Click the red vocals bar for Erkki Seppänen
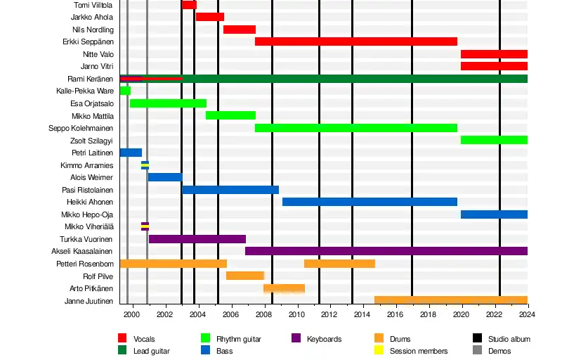click(x=355, y=41)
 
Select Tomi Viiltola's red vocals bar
click(x=189, y=5)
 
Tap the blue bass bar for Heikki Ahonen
click(x=370, y=202)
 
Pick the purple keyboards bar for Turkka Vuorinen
click(x=197, y=239)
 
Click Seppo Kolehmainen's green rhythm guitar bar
click(x=355, y=128)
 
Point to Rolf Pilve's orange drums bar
click(x=244, y=276)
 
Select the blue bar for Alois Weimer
click(x=165, y=177)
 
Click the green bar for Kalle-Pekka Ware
click(x=125, y=91)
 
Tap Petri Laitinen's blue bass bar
click(x=131, y=153)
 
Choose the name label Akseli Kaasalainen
click(x=82, y=251)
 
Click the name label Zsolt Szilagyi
click(x=91, y=140)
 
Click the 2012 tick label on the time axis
click(x=329, y=314)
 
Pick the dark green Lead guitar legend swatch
click(x=122, y=350)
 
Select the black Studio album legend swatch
click(x=477, y=339)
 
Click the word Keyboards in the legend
click(x=324, y=339)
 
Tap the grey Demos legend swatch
click(x=477, y=350)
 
